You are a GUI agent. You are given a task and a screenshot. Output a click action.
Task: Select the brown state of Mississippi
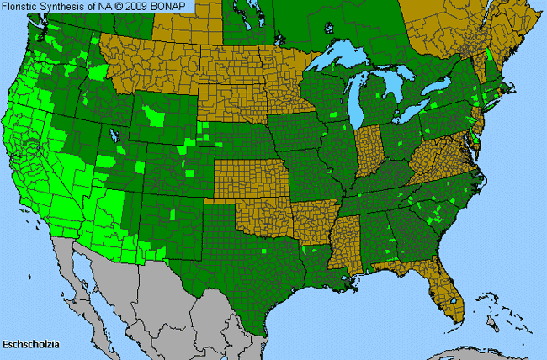[x=343, y=244]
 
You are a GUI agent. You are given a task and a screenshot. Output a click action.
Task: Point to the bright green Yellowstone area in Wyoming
[x=154, y=113]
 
